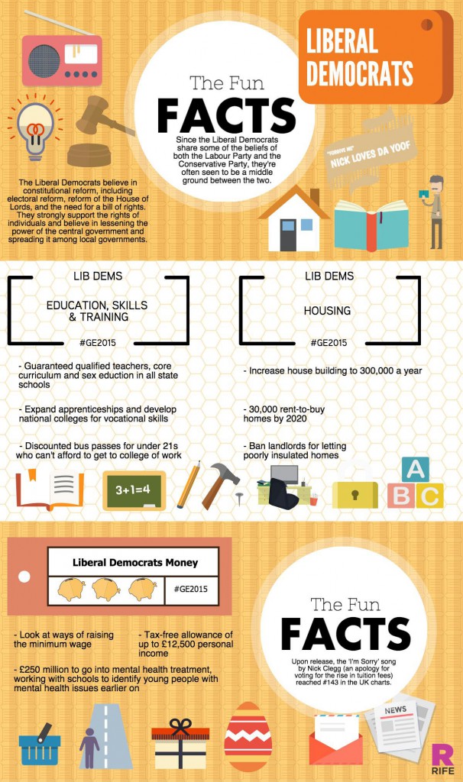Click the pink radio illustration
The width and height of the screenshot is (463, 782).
[62, 58]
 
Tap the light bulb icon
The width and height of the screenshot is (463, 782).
[34, 127]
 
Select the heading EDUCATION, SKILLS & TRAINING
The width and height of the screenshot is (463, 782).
[97, 311]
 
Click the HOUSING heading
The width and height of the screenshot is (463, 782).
[328, 311]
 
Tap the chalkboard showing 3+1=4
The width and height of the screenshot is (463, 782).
[134, 490]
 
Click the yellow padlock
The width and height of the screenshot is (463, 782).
[355, 490]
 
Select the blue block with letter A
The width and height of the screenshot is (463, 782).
[416, 469]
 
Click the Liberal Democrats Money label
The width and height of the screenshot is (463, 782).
[134, 563]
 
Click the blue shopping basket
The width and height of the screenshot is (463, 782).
[39, 743]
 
